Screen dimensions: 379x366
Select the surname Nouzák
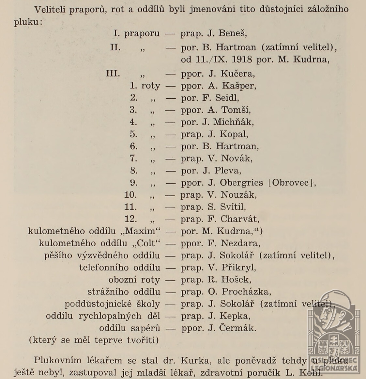pyautogui.click(x=238, y=195)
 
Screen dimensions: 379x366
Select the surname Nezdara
pyautogui.click(x=240, y=243)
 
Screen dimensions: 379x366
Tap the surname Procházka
pyautogui.click(x=246, y=292)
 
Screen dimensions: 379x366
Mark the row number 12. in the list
pyautogui.click(x=130, y=219)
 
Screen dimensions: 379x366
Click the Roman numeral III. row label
pyautogui.click(x=113, y=74)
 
